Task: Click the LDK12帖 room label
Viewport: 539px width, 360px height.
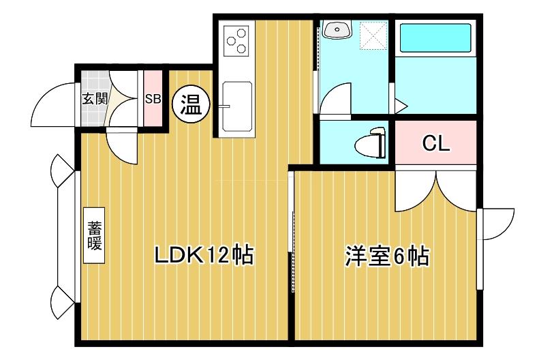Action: click(x=203, y=256)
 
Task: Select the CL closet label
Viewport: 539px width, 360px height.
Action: click(x=435, y=143)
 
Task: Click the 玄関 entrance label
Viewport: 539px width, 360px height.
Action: click(x=95, y=98)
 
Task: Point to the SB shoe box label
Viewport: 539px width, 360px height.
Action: click(x=153, y=98)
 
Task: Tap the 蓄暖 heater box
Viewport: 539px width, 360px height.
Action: click(x=94, y=235)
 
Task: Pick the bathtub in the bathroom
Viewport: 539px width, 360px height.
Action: click(x=434, y=38)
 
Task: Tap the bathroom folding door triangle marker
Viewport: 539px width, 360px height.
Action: click(x=400, y=106)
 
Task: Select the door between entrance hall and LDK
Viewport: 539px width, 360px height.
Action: click(x=123, y=145)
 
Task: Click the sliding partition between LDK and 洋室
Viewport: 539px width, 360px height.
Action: click(x=292, y=232)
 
